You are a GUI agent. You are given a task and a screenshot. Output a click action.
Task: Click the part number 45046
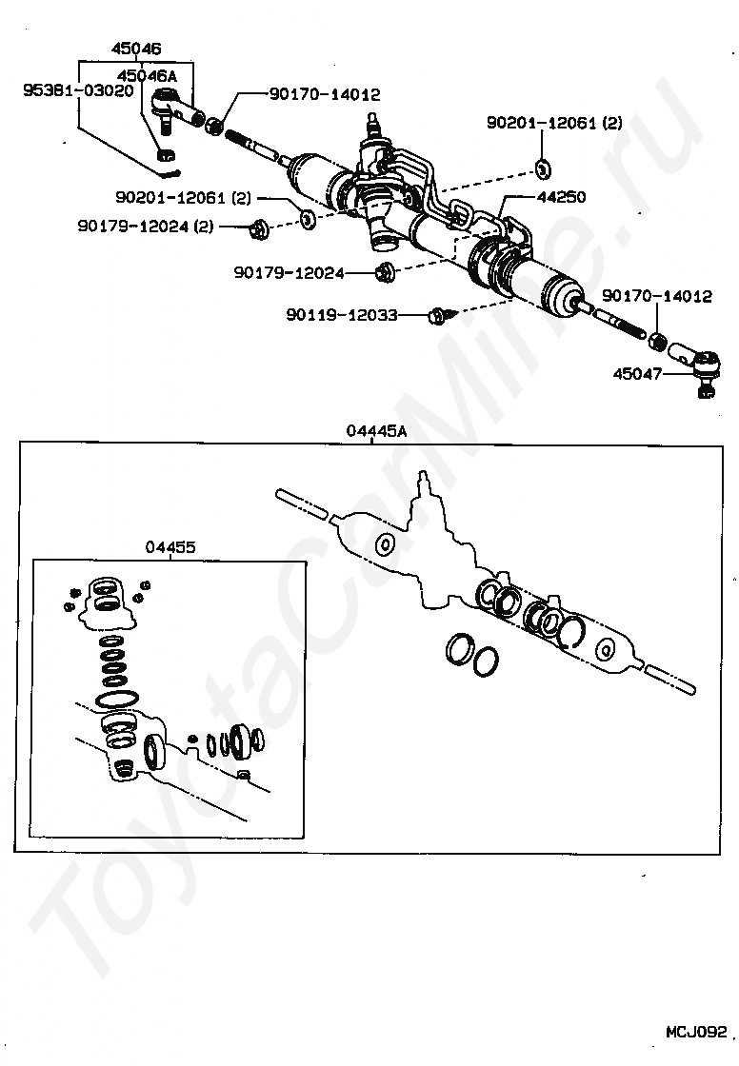pos(136,48)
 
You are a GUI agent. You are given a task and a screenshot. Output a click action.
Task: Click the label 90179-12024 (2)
pos(147,227)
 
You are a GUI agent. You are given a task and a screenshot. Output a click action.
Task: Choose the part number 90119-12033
pos(341,313)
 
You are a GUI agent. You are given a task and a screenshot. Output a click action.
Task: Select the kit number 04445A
pos(376,431)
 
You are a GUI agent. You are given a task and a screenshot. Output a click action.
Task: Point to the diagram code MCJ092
pos(696,1032)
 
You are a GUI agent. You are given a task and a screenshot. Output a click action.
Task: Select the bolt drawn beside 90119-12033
pos(441,314)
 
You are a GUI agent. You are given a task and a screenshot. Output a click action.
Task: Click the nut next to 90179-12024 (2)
pos(258,228)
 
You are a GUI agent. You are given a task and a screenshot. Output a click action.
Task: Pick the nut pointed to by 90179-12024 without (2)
pos(386,272)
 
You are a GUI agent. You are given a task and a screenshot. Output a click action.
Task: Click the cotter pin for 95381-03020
pos(171,173)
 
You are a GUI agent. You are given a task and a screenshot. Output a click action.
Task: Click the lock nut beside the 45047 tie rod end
pos(656,340)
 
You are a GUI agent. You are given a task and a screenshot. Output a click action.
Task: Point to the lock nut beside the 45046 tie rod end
pos(215,124)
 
